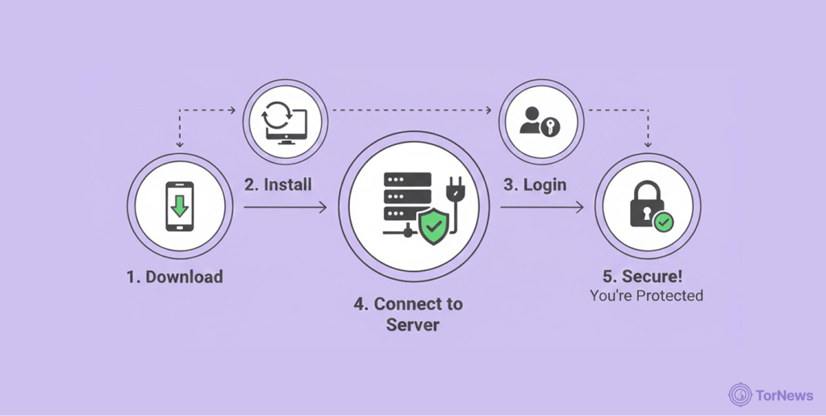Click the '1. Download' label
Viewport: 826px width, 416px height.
point(174,277)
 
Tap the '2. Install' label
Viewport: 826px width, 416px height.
point(277,185)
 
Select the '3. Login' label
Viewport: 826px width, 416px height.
point(535,185)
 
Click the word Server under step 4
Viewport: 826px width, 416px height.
point(412,324)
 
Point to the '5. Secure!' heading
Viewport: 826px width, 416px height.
point(646,277)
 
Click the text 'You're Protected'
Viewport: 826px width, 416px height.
point(646,296)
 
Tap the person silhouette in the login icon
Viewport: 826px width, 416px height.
point(531,122)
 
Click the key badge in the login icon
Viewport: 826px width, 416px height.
point(552,127)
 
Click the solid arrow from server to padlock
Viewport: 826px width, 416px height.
point(541,208)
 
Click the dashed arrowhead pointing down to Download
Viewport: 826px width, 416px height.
point(179,144)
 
